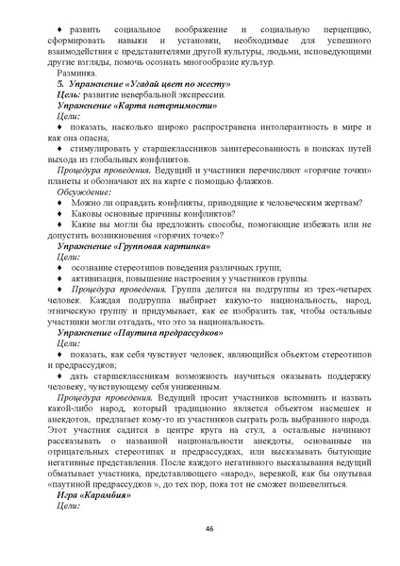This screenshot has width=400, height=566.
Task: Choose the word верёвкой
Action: [x=261, y=470]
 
